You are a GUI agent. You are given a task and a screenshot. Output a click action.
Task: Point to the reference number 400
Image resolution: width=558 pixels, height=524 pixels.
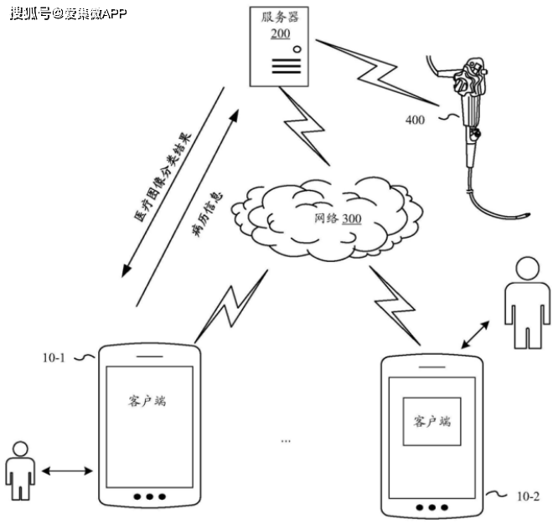(x=415, y=120)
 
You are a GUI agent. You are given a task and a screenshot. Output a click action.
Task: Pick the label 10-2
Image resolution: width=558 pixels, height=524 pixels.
(x=527, y=496)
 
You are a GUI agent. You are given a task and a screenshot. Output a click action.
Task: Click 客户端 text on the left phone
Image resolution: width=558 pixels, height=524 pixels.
(x=147, y=400)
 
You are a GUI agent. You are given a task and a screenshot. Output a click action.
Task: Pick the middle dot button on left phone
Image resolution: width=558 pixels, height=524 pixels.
(x=149, y=496)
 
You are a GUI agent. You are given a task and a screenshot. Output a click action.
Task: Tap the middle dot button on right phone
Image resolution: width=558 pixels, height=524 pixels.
(x=432, y=507)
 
